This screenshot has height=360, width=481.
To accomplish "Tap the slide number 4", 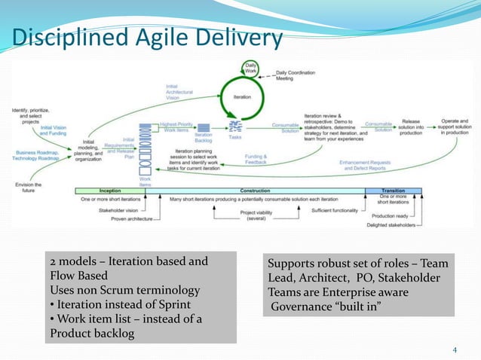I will (x=455, y=349).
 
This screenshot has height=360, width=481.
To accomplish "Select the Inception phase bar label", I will (x=110, y=191).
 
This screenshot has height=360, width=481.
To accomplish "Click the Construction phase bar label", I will (x=254, y=191).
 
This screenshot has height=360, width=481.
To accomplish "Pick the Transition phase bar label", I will (x=392, y=191).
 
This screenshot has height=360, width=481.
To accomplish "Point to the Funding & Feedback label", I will (x=256, y=160).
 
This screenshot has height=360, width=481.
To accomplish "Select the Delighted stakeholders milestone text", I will (x=391, y=224).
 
